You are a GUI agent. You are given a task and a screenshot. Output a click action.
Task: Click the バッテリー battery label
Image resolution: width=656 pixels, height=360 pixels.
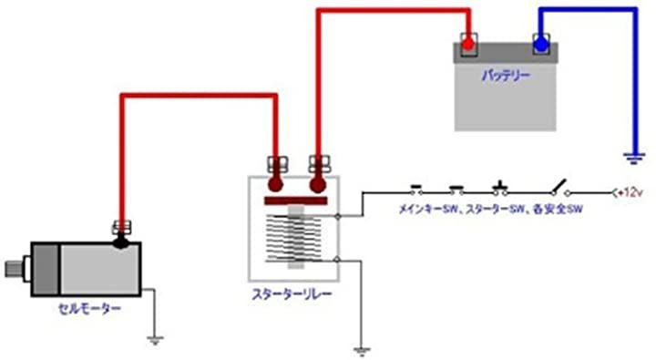pyautogui.click(x=506, y=76)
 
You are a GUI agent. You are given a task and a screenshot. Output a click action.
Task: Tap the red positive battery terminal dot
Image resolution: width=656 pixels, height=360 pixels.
pyautogui.click(x=467, y=43)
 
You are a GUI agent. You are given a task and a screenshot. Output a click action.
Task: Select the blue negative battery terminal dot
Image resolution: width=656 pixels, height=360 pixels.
pyautogui.click(x=540, y=44)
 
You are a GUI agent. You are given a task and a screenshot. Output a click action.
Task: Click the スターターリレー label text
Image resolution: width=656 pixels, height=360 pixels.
pyautogui.click(x=292, y=293)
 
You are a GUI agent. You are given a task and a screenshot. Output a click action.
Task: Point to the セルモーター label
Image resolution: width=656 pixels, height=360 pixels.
pyautogui.click(x=89, y=309)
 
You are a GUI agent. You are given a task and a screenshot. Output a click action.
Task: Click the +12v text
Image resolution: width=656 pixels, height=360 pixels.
pyautogui.click(x=630, y=193)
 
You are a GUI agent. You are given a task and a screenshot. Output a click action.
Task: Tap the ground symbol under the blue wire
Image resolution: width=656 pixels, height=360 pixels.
pyautogui.click(x=634, y=159)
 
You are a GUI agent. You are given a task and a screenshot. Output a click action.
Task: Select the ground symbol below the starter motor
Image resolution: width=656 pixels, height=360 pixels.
pyautogui.click(x=155, y=340)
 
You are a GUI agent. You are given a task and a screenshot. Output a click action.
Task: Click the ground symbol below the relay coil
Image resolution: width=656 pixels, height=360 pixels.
pyautogui.click(x=362, y=352)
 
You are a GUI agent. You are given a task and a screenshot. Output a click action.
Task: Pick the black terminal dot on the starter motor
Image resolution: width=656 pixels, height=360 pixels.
pyautogui.click(x=121, y=242)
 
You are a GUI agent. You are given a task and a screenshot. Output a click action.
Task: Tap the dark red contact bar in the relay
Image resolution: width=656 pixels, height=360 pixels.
pyautogui.click(x=296, y=201)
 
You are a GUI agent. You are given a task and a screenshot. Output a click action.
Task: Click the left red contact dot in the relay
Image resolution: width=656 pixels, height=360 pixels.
pyautogui.click(x=275, y=185)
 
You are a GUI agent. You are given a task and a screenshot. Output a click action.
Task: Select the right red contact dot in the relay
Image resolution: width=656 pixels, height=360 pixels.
pyautogui.click(x=318, y=185)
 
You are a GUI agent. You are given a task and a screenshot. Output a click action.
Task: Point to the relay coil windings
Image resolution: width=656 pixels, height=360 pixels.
pyautogui.click(x=295, y=239)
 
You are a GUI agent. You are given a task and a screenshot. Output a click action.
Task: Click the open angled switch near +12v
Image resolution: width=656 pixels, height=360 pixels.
pyautogui.click(x=559, y=188)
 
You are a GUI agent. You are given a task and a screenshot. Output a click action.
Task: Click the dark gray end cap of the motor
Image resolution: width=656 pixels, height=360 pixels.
pyautogui.click(x=46, y=269)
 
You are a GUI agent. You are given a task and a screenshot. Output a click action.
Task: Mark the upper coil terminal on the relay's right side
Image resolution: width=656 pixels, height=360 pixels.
pyautogui.click(x=338, y=216)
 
